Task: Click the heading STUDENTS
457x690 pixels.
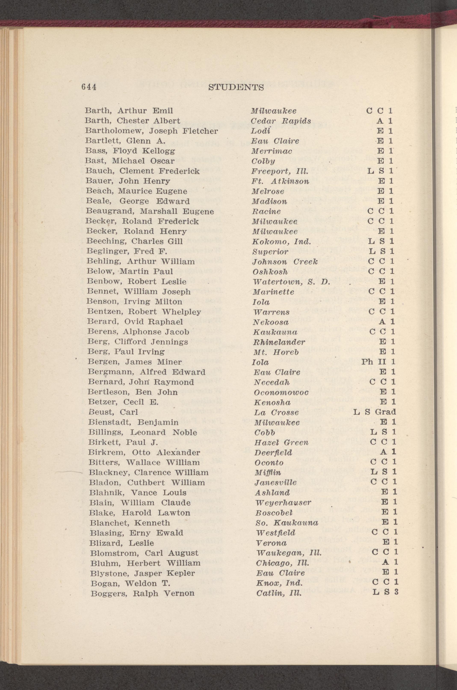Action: click(x=236, y=87)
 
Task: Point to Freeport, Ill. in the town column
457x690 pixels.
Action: click(x=280, y=171)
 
